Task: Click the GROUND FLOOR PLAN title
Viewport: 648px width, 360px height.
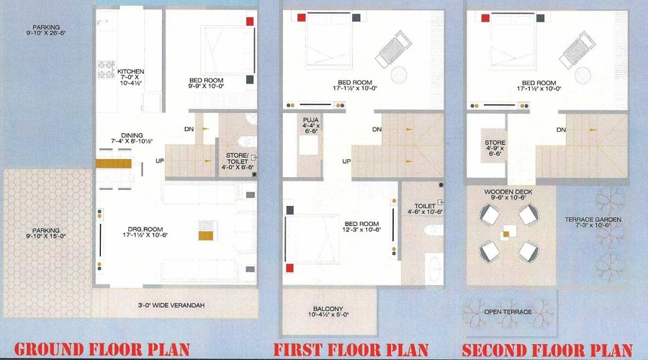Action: pyautogui.click(x=102, y=350)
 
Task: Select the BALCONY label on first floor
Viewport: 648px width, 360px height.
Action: pyautogui.click(x=328, y=310)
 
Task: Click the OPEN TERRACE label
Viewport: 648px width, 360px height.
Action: pyautogui.click(x=507, y=312)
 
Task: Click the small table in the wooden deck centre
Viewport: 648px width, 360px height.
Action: pyautogui.click(x=510, y=233)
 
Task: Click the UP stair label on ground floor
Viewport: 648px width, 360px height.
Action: pyautogui.click(x=159, y=160)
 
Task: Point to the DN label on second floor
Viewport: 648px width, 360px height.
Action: pyautogui.click(x=561, y=130)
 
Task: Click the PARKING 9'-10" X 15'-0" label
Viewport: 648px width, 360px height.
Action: pyautogui.click(x=44, y=234)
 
